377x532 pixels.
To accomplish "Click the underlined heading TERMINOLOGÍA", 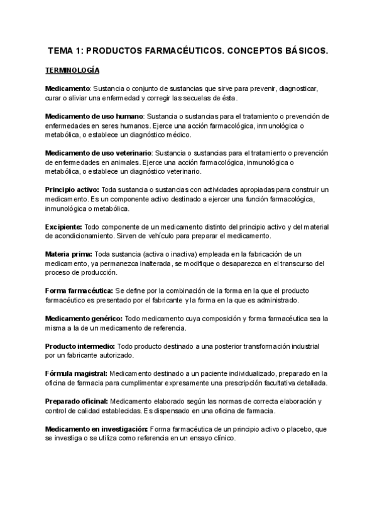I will [x=72, y=70].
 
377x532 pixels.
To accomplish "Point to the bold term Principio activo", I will [x=72, y=189].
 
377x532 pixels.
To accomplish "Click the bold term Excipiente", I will [x=63, y=226].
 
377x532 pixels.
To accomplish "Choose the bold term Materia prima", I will [x=68, y=253].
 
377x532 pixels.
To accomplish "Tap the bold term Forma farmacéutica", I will [x=79, y=290].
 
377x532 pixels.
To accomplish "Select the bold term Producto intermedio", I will [x=80, y=346].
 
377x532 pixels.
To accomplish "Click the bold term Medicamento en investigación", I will [x=96, y=428].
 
